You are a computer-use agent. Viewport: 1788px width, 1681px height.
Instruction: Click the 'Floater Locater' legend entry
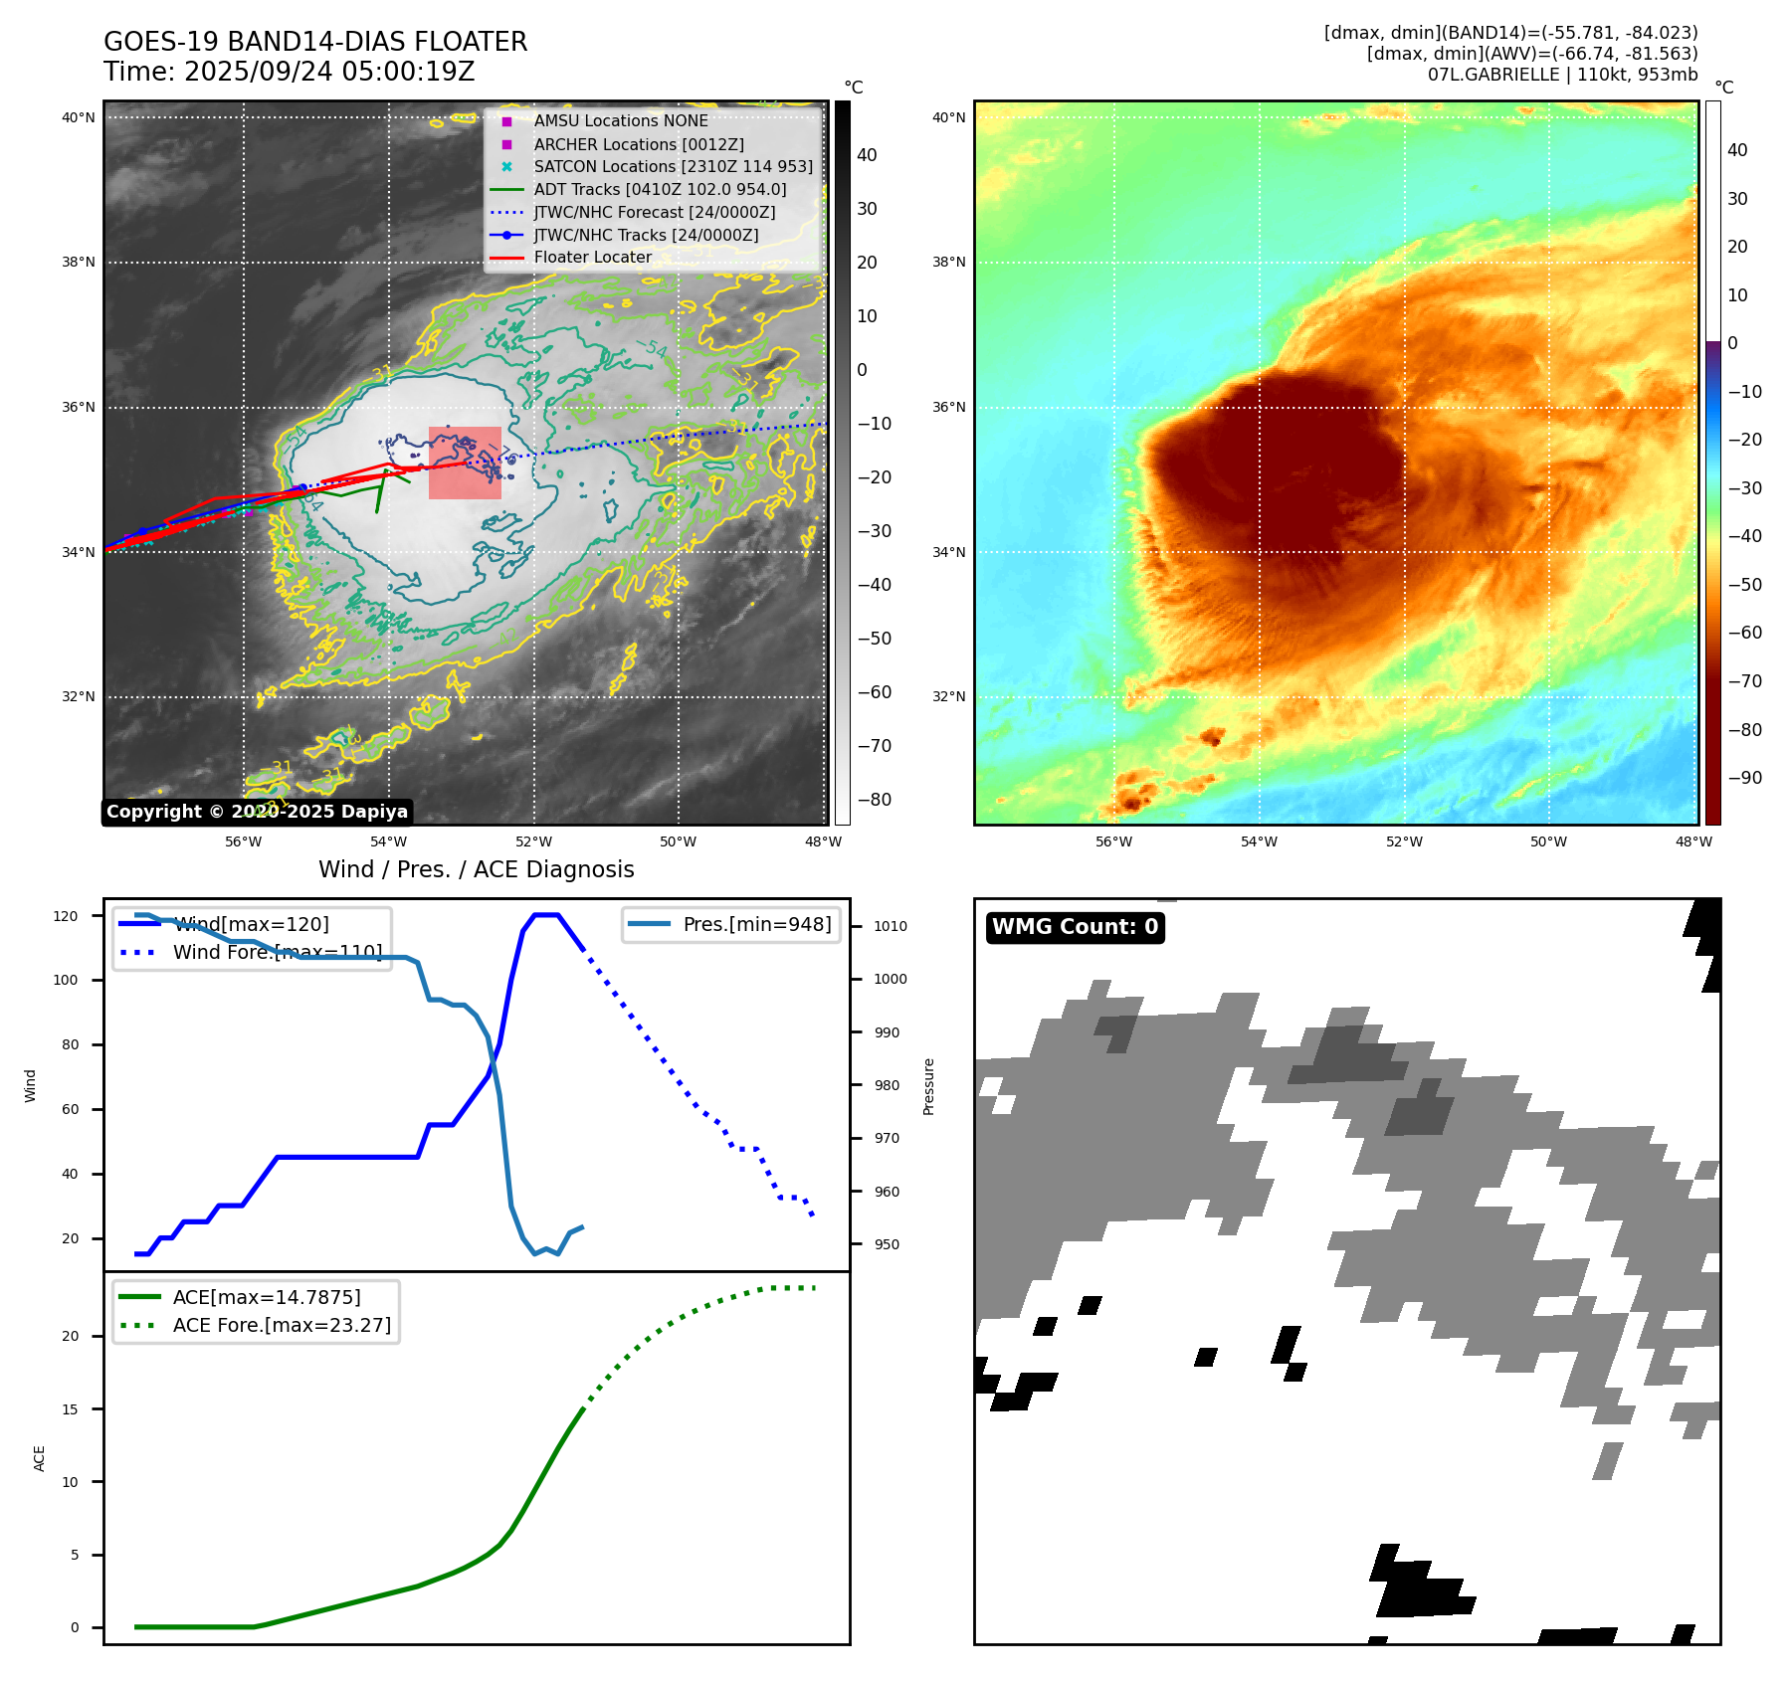click(592, 258)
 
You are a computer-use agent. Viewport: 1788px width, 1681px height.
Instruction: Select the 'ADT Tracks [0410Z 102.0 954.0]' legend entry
click(660, 189)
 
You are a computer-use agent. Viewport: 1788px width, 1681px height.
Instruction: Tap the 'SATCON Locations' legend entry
click(673, 166)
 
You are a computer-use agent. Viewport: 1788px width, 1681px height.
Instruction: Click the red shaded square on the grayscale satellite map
click(465, 463)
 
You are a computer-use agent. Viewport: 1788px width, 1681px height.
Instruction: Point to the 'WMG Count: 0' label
click(1075, 927)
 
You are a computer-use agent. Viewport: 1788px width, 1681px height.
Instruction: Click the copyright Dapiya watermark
click(257, 812)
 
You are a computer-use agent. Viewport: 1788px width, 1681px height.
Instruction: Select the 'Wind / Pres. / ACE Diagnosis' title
click(476, 869)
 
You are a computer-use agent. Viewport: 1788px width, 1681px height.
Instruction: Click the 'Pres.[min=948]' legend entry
click(756, 924)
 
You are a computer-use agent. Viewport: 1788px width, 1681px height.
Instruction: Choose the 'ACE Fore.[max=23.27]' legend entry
click(282, 1325)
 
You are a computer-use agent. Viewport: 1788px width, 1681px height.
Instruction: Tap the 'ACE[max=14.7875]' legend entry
click(267, 1297)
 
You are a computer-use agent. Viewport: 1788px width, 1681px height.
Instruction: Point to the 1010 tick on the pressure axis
click(890, 926)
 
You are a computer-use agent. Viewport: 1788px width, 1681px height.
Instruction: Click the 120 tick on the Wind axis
click(66, 916)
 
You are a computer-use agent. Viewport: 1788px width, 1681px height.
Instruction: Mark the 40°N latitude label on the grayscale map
click(79, 117)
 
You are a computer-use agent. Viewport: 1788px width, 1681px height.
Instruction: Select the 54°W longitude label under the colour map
click(1258, 841)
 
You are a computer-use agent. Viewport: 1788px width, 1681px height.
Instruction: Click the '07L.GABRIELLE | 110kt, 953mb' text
click(1562, 75)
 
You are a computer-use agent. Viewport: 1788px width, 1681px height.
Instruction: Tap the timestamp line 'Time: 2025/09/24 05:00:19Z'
click(290, 72)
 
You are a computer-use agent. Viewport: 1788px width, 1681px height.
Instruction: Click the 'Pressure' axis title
click(928, 1086)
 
